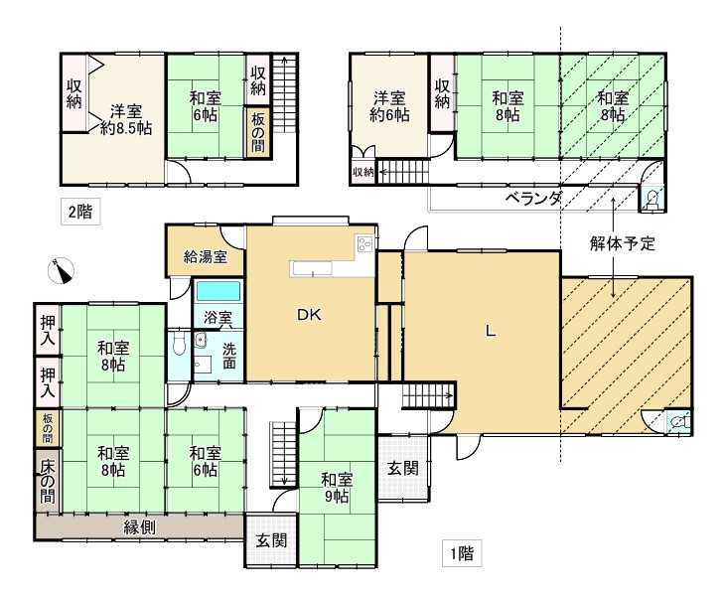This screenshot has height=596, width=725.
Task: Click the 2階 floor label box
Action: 79,211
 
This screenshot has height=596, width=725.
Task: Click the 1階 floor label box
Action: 461,554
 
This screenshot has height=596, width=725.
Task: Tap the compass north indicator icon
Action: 63,269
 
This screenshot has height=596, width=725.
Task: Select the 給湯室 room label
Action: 206,256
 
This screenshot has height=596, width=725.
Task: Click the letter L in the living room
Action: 490,333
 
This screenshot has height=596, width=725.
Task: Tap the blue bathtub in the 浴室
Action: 217,293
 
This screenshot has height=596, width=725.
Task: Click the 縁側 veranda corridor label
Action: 138,527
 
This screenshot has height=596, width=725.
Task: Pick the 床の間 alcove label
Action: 47,481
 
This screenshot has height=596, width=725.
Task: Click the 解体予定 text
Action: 622,242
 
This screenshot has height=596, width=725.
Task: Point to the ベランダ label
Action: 533,198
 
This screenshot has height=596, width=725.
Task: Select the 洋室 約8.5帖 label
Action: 125,118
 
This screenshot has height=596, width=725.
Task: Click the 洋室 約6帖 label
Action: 389,106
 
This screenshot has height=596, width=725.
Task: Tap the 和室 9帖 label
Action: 335,488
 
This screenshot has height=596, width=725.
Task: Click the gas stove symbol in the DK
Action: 363,244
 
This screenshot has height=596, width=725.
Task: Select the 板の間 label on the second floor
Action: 257,132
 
